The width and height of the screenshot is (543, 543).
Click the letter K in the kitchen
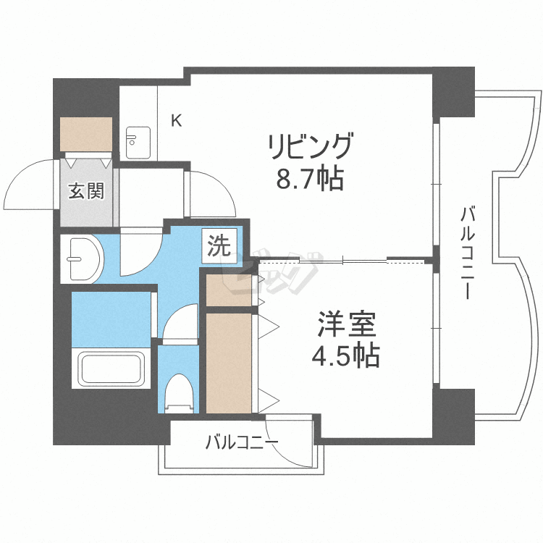(176, 120)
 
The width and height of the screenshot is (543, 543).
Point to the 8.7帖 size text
(310, 178)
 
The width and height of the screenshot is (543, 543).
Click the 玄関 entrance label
(86, 192)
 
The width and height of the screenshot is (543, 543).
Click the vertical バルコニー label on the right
(468, 253)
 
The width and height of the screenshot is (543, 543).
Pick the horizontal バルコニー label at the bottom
(241, 442)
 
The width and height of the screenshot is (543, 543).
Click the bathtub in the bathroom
(111, 369)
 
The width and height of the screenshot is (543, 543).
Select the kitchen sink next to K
(138, 143)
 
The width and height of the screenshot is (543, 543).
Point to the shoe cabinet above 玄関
(86, 134)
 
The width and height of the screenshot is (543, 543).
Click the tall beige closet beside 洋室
(229, 361)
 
